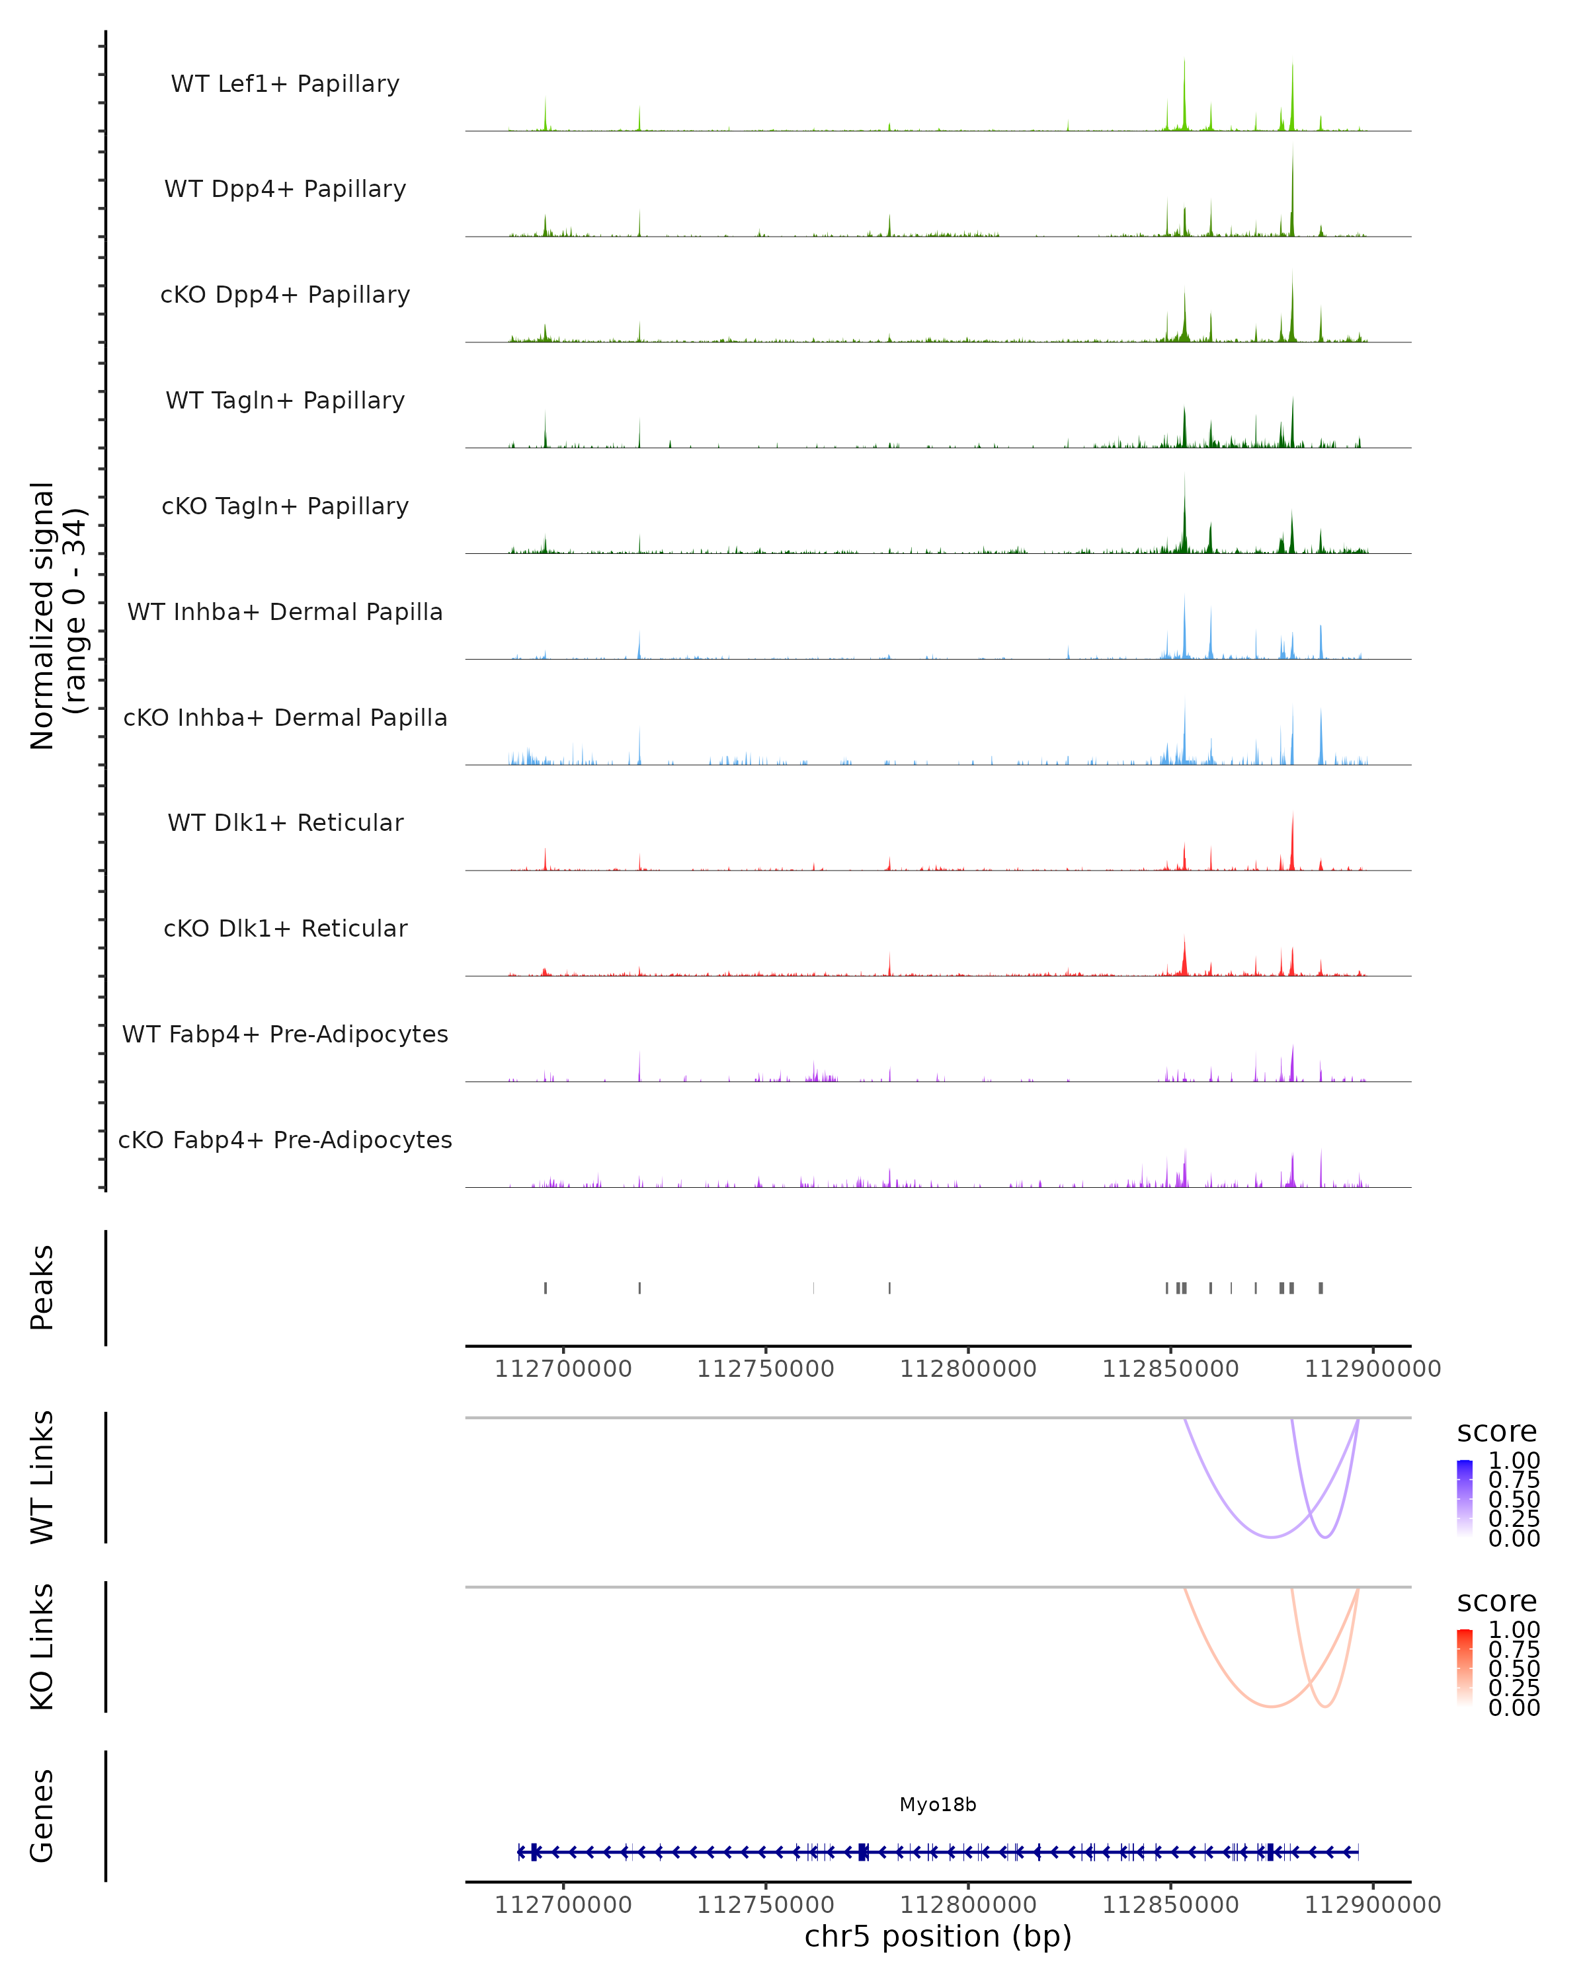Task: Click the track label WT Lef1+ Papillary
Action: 285,84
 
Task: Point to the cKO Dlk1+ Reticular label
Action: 285,928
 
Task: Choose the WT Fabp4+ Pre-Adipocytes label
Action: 285,1034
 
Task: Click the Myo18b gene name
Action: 938,1805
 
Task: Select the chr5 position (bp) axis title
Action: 938,1936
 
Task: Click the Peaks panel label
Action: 42,1287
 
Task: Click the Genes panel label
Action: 42,1816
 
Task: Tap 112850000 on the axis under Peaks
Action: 1170,1369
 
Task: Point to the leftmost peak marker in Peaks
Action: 546,1288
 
